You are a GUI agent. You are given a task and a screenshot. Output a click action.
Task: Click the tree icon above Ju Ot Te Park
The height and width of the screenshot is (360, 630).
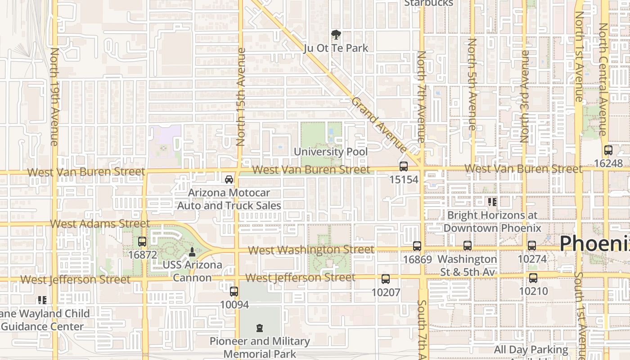coord(336,35)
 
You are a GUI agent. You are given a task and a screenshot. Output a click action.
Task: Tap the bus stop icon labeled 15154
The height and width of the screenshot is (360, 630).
coord(404,166)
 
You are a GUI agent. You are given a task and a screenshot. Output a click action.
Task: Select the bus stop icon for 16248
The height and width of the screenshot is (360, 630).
coord(608,150)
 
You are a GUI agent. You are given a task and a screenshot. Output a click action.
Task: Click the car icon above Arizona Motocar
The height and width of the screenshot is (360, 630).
coord(229,180)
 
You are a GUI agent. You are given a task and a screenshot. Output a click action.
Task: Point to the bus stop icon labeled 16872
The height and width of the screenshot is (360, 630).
coord(142,242)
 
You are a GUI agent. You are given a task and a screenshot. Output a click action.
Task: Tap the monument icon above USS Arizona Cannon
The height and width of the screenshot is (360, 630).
coord(192,252)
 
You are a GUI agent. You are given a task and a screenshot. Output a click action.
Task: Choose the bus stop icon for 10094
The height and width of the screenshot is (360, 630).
coord(234,292)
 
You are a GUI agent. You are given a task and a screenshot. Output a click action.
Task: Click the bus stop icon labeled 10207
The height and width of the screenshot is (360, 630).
coord(386,279)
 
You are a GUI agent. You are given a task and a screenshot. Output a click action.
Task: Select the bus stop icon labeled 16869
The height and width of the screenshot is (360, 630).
coord(417,246)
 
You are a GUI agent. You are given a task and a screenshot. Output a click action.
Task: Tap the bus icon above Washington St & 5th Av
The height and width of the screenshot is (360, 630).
coord(468,246)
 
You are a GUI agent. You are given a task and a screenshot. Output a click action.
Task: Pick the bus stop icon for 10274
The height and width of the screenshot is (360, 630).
coord(532,246)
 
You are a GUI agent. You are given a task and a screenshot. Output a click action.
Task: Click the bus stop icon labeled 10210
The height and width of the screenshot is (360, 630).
coord(533,278)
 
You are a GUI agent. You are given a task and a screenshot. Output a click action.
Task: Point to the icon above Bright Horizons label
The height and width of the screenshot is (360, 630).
coord(492,202)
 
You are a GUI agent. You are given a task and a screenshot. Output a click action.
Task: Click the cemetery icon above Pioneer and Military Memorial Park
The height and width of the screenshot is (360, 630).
coord(259,328)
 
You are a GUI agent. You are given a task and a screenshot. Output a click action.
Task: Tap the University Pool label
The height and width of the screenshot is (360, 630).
coord(331,152)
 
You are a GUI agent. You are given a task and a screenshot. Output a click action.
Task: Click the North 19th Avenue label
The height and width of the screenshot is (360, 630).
coord(54,96)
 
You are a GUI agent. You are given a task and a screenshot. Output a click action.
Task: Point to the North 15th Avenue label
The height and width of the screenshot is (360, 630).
coord(241,96)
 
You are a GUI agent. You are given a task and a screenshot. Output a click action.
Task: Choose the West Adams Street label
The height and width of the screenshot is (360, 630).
coord(100,224)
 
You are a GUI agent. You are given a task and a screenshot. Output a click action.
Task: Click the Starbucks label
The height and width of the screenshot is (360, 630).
coord(428,3)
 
